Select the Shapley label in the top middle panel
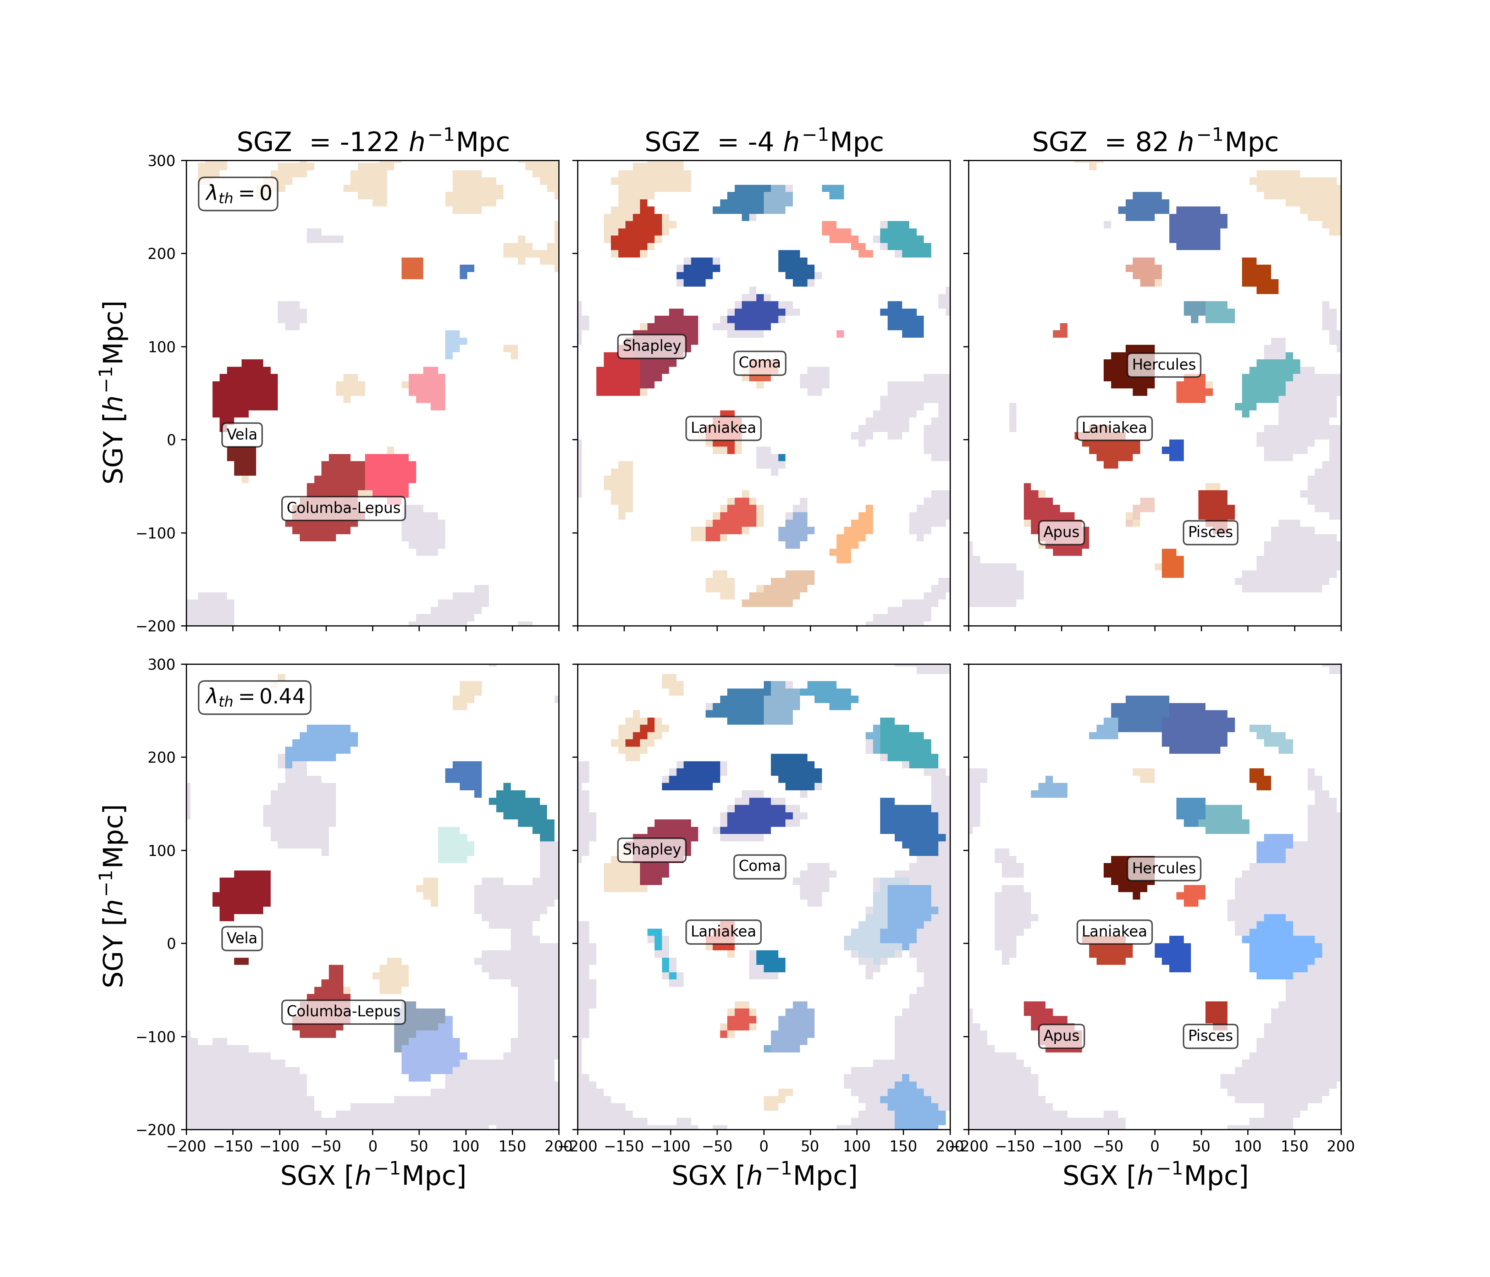(651, 346)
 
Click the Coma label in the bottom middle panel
(760, 867)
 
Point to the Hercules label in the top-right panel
(1164, 365)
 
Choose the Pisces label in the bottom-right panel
(1210, 1036)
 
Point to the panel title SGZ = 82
(1155, 142)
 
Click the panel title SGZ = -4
(764, 142)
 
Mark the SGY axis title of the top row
(114, 393)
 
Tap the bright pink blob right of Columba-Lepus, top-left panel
(390, 475)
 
